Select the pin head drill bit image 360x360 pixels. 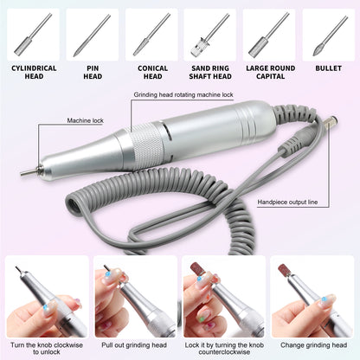click(x=92, y=35)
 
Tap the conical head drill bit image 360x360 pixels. click(x=151, y=35)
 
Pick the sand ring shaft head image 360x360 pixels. click(x=209, y=35)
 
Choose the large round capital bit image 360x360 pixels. click(x=268, y=35)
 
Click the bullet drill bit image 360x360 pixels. click(x=327, y=35)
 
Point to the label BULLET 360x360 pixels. click(x=327, y=67)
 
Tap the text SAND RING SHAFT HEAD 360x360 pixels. click(x=209, y=71)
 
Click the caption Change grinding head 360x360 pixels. click(x=313, y=344)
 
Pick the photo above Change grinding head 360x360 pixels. click(x=313, y=293)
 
